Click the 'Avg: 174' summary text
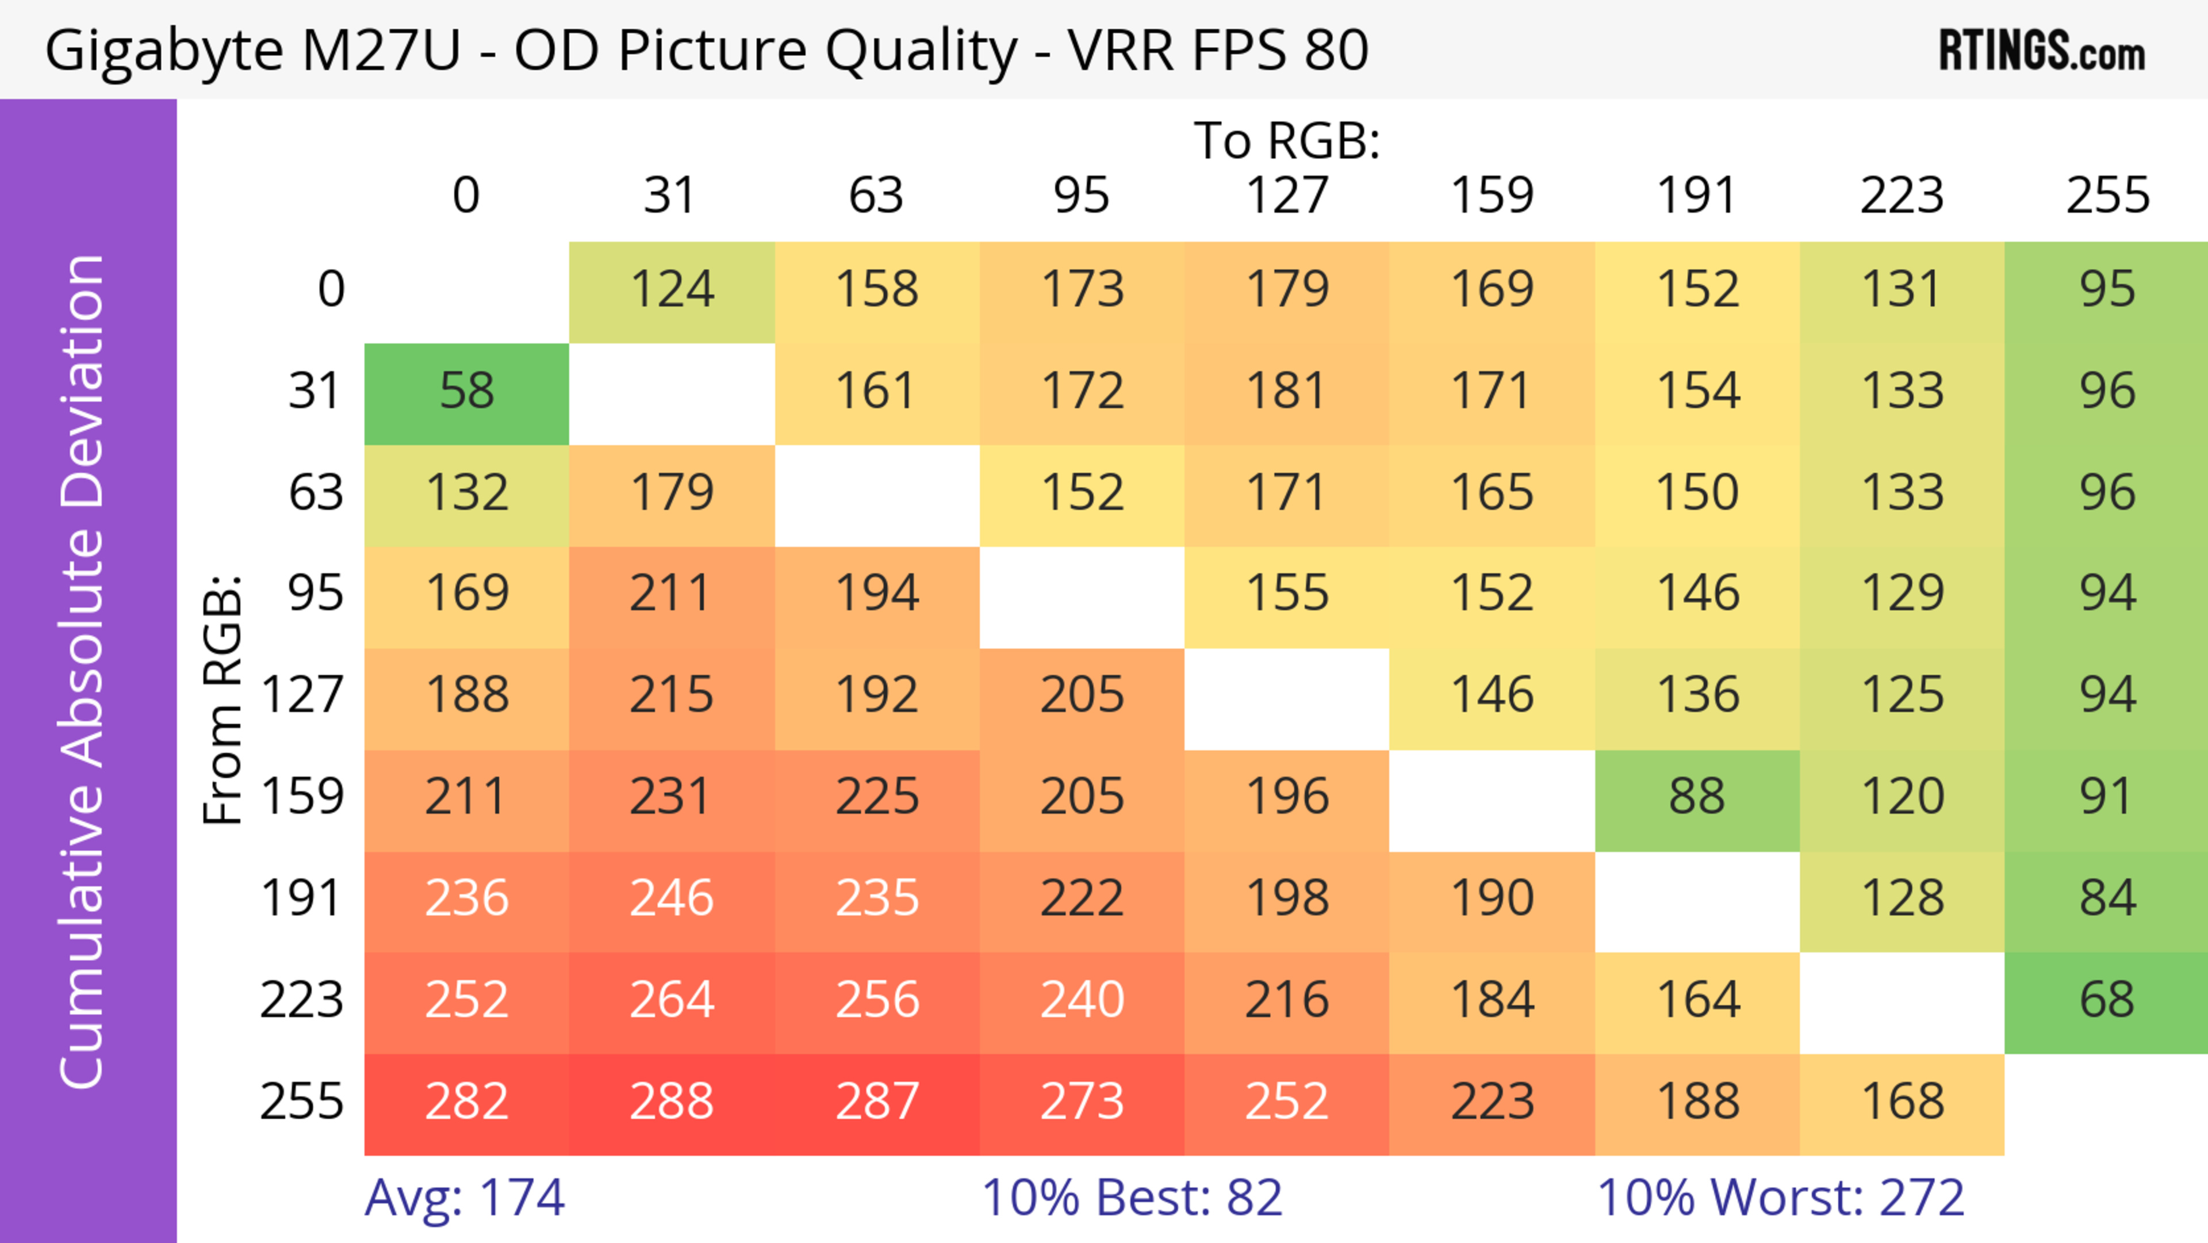tap(465, 1198)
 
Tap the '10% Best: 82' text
tap(1132, 1198)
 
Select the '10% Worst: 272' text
tap(1780, 1198)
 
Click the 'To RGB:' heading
tap(1287, 140)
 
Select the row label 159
tap(302, 797)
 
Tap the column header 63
tap(876, 196)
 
